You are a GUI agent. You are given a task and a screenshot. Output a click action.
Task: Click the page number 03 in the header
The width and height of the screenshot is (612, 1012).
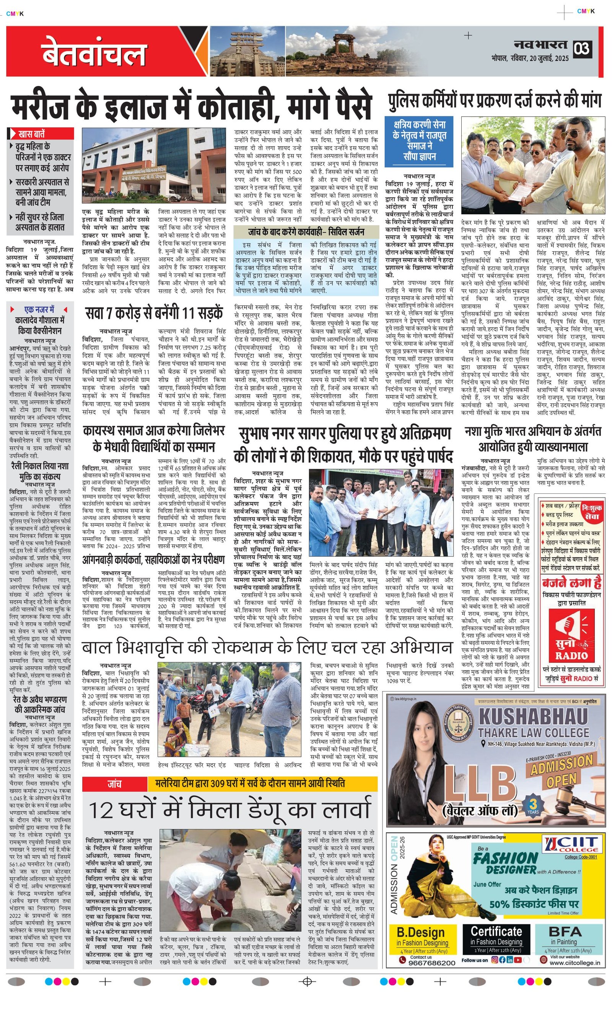coord(582,49)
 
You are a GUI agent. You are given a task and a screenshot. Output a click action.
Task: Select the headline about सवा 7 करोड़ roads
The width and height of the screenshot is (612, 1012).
coord(154,313)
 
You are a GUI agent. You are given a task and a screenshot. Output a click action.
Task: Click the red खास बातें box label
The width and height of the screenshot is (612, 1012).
coord(41,134)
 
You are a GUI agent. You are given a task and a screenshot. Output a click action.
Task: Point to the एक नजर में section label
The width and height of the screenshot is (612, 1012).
coord(39,309)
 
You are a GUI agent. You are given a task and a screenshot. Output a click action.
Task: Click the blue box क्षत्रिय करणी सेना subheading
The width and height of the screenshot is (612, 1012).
coord(419,140)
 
